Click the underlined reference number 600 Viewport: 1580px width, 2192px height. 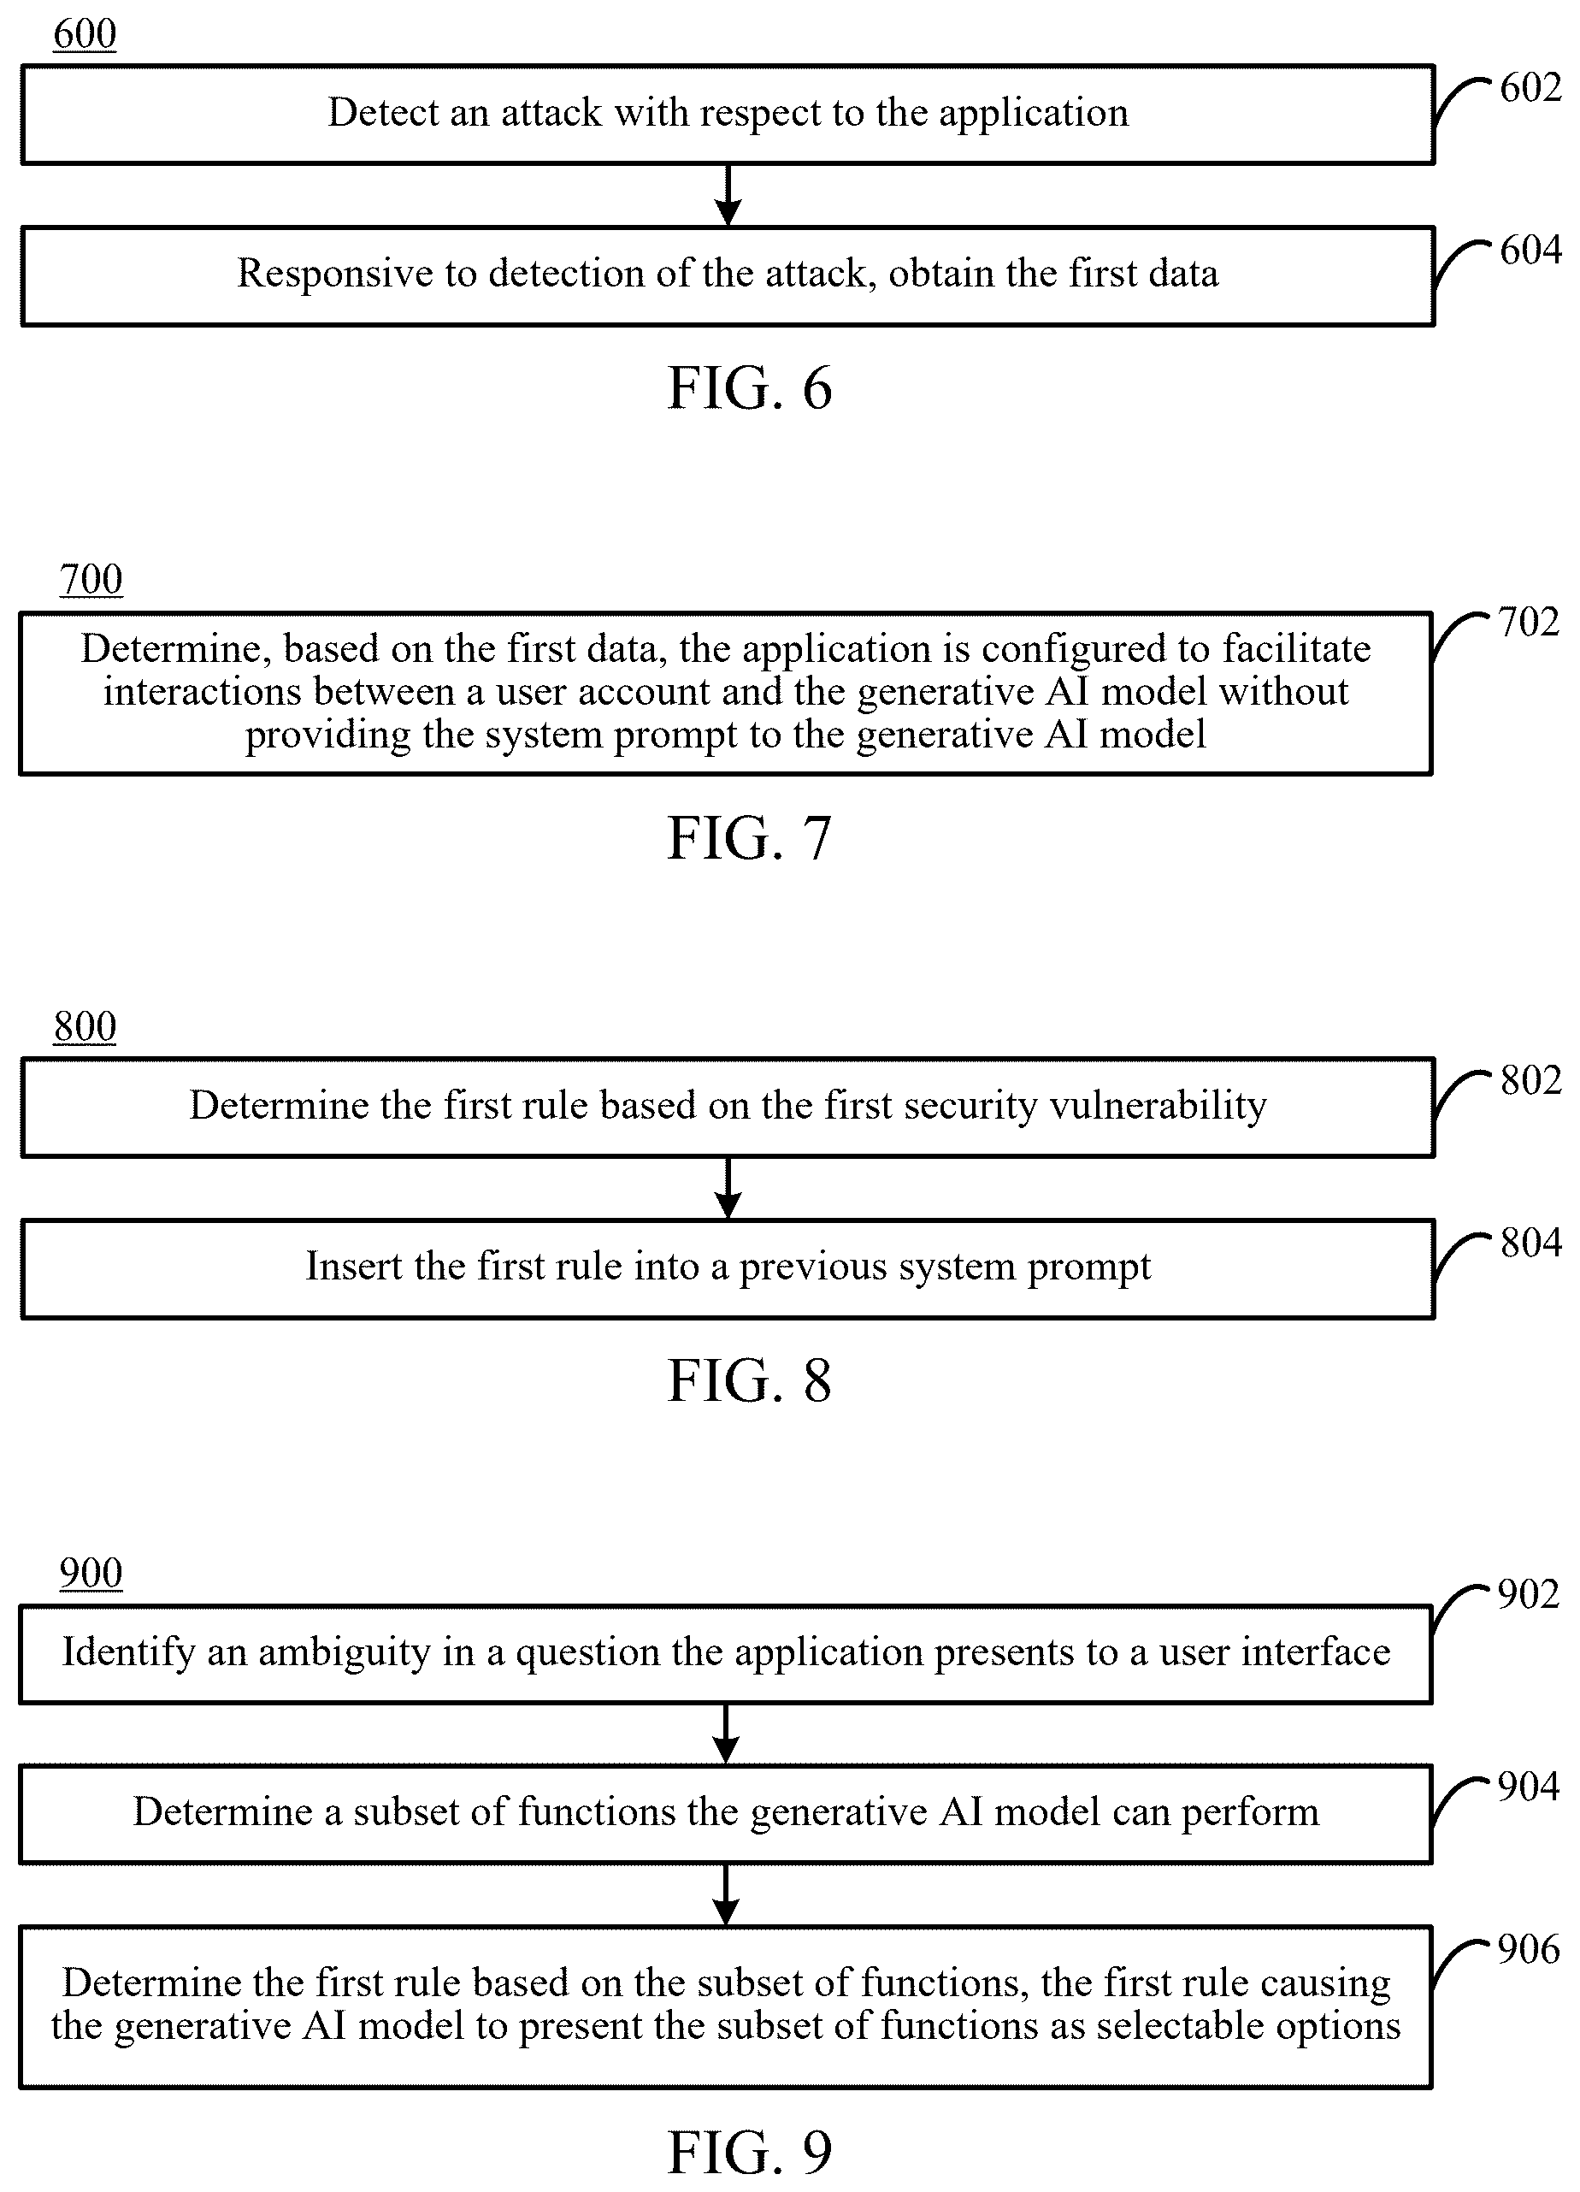85,34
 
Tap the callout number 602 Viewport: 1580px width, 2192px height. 1530,88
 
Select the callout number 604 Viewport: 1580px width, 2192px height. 1530,251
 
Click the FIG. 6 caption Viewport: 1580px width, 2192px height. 750,388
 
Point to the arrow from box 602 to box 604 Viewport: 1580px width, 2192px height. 728,195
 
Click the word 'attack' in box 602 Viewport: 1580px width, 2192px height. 551,113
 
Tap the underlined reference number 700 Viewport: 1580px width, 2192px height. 91,580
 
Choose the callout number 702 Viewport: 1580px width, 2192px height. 1529,623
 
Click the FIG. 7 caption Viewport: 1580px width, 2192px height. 750,838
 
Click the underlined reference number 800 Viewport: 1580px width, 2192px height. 85,1027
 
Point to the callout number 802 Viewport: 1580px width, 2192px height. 1530,1080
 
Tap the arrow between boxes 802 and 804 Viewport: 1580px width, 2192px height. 728,1188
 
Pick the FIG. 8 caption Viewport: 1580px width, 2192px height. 750,1381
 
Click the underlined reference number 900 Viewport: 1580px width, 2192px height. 91,1574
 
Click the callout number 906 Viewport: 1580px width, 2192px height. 1529,1949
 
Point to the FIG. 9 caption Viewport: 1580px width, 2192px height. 750,2154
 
